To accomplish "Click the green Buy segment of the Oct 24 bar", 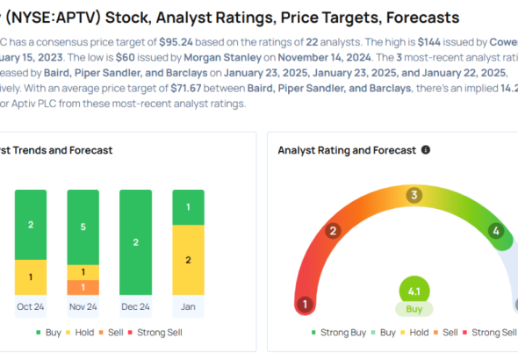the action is pyautogui.click(x=31, y=225).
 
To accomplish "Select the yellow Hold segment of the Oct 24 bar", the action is pyautogui.click(x=31, y=277).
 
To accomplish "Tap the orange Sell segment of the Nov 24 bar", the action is pyautogui.click(x=83, y=287).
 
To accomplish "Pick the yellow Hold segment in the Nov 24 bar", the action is pyautogui.click(x=83, y=272).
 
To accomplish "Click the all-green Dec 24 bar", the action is pyautogui.click(x=136, y=242).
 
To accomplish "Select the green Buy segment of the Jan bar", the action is pyautogui.click(x=188, y=207).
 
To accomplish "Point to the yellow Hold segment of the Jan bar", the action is pyautogui.click(x=188, y=260).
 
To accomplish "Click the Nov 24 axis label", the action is pyautogui.click(x=83, y=306).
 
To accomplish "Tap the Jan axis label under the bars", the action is pyautogui.click(x=188, y=306).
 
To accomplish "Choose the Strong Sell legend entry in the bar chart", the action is pyautogui.click(x=155, y=332).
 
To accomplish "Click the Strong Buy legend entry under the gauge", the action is pyautogui.click(x=339, y=332).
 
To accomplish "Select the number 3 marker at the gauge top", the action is pyautogui.click(x=414, y=195).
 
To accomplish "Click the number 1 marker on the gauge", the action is pyautogui.click(x=305, y=304).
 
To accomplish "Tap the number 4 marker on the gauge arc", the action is pyautogui.click(x=496, y=231).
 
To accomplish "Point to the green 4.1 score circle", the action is pyautogui.click(x=414, y=292).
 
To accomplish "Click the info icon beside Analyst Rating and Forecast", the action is pyautogui.click(x=426, y=150).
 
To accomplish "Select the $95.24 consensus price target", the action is pyautogui.click(x=176, y=42).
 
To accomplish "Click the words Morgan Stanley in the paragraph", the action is pyautogui.click(x=223, y=57).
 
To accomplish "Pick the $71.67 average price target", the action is pyautogui.click(x=187, y=88).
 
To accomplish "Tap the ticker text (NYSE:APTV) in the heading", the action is pyautogui.click(x=54, y=18).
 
